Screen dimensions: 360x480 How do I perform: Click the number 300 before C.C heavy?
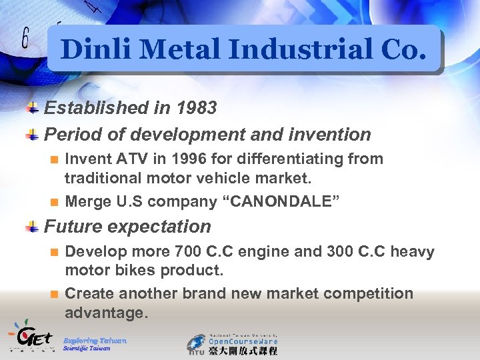click(341, 252)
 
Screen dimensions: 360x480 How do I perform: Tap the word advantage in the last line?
click(105, 313)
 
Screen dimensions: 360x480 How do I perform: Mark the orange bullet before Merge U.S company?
click(55, 202)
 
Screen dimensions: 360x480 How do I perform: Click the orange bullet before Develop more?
click(55, 253)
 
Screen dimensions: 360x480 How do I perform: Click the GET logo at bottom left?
click(29, 336)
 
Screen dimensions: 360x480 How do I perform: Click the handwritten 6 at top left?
click(25, 39)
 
